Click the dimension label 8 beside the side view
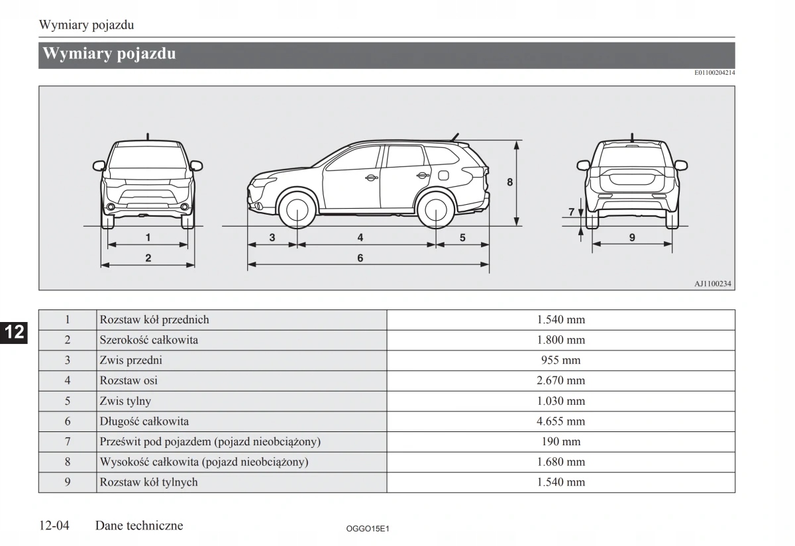click(x=509, y=182)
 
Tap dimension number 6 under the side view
click(x=360, y=258)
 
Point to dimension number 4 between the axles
click(x=360, y=237)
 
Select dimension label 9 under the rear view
click(x=632, y=237)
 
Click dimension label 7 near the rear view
click(x=571, y=212)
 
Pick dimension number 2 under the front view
click(x=148, y=258)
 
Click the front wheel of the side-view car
click(x=297, y=210)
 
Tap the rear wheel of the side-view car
click(x=436, y=210)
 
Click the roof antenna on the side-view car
click(x=454, y=137)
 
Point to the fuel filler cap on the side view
click(x=443, y=175)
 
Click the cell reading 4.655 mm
click(x=560, y=421)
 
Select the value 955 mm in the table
click(x=560, y=360)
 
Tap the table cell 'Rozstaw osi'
click(x=129, y=381)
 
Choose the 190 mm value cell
click(x=560, y=442)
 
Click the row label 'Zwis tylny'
click(x=125, y=401)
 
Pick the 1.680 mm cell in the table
click(x=560, y=462)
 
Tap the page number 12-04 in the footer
click(x=54, y=526)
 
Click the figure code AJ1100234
click(x=712, y=284)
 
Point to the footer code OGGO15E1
click(x=367, y=529)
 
